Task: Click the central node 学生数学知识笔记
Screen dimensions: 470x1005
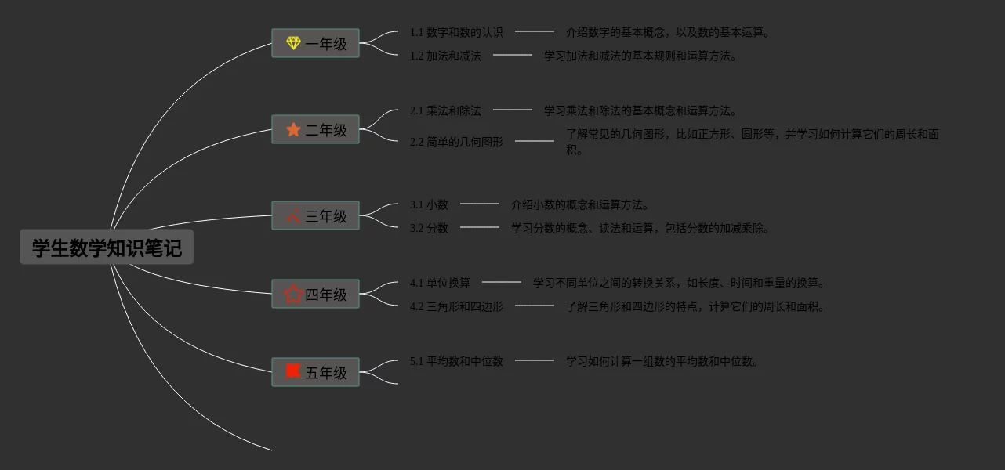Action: click(107, 248)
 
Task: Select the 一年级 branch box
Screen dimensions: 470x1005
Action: click(315, 44)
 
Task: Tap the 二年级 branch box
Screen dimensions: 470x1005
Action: click(315, 130)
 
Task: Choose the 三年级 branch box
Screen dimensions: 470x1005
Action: click(315, 216)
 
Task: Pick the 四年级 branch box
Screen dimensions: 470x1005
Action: click(315, 295)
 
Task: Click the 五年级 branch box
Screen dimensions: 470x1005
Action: click(315, 373)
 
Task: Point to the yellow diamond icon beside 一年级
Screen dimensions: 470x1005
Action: click(293, 43)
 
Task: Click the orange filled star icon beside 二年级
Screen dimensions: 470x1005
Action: click(293, 129)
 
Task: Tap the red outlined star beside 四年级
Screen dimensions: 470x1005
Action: click(293, 294)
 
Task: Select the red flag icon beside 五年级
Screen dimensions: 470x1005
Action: click(293, 371)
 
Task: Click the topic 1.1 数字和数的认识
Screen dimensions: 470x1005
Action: click(456, 32)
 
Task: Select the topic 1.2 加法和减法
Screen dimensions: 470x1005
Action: click(445, 56)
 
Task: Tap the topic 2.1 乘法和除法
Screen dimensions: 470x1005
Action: click(445, 110)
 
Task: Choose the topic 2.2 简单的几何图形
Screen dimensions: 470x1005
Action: click(456, 142)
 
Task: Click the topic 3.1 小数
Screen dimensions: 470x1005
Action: click(429, 204)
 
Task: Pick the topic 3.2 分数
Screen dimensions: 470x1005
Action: click(429, 228)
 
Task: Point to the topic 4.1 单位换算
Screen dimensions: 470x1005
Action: click(440, 283)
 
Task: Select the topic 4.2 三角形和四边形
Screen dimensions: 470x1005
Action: click(456, 306)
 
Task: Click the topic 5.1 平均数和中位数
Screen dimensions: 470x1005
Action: click(456, 361)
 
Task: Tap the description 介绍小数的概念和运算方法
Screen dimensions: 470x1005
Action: click(580, 204)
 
